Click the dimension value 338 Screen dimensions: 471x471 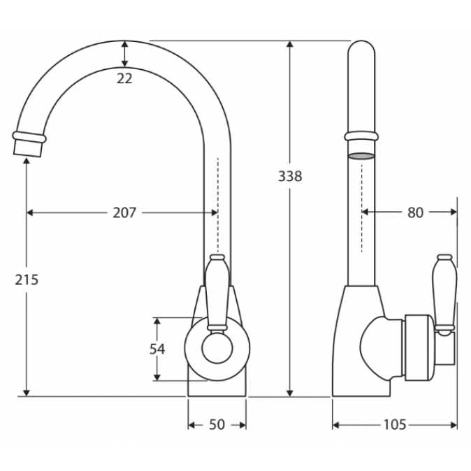[290, 176]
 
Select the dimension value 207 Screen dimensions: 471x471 [124, 212]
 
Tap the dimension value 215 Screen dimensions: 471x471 [27, 280]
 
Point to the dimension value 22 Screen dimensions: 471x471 [124, 79]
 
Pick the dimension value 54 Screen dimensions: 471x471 [157, 349]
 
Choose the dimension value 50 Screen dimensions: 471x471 [217, 425]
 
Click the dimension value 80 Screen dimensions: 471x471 [415, 212]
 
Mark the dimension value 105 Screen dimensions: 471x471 [395, 425]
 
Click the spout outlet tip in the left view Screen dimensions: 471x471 [27, 149]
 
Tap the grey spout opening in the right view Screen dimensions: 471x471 [361, 156]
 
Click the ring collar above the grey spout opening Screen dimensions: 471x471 [361, 136]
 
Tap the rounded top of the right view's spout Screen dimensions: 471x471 [361, 48]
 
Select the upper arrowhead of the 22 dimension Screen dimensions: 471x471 [124, 45]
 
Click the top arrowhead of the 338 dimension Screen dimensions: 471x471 [290, 45]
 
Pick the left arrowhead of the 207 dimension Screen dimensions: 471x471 [30, 212]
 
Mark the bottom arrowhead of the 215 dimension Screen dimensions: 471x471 [27, 393]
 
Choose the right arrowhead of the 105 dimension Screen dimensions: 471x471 [454, 425]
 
